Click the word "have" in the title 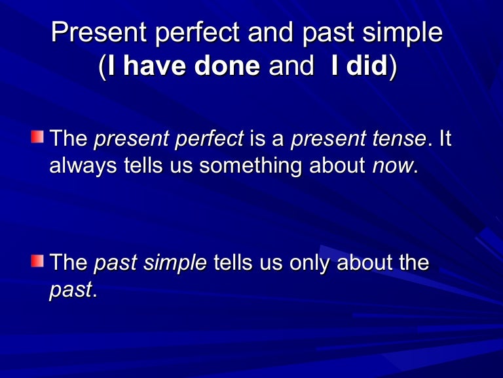tap(151, 68)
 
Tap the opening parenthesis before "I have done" tap(102, 68)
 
